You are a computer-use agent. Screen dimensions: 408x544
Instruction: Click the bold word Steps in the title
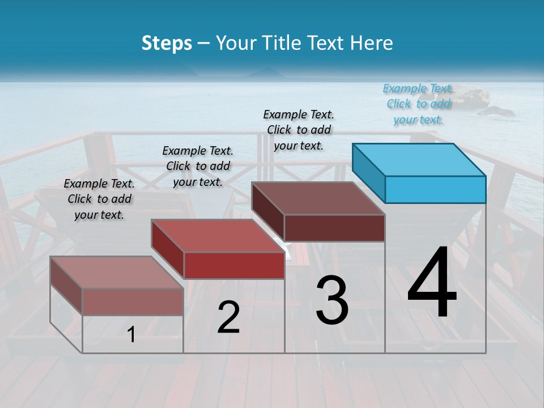(x=167, y=43)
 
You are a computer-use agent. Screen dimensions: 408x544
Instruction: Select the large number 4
(x=432, y=283)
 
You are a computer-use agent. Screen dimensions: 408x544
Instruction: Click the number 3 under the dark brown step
(x=332, y=300)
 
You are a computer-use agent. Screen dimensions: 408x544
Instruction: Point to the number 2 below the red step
(x=228, y=317)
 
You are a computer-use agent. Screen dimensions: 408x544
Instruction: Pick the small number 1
(x=131, y=335)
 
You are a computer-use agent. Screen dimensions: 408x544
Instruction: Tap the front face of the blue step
(x=435, y=189)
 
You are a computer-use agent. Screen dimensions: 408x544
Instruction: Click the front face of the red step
(x=234, y=265)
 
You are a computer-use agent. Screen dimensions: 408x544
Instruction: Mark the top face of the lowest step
(x=117, y=273)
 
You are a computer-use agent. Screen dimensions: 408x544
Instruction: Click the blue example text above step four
(x=418, y=104)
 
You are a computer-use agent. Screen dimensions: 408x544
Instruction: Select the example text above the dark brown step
(x=299, y=130)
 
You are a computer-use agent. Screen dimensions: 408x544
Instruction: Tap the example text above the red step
(x=198, y=166)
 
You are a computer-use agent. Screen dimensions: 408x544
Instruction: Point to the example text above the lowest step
(x=99, y=199)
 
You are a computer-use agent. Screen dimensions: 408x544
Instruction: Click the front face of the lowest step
(x=133, y=301)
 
